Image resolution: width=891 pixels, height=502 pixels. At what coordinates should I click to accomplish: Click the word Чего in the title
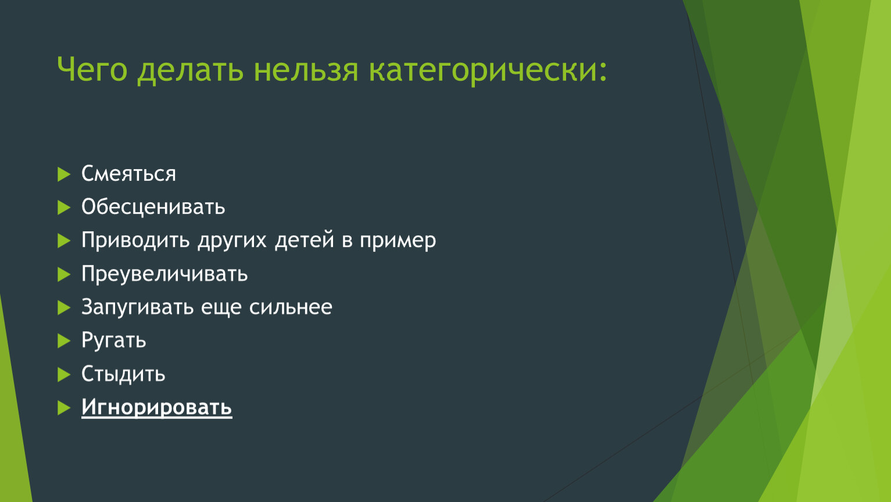click(x=92, y=69)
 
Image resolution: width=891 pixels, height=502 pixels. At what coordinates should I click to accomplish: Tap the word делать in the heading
click(x=190, y=70)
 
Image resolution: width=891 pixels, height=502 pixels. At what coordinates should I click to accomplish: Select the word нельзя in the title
click(x=306, y=70)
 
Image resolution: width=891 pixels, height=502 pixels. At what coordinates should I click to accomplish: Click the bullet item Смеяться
click(x=128, y=173)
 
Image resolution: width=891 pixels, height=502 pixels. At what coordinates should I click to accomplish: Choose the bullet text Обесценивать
click(x=153, y=207)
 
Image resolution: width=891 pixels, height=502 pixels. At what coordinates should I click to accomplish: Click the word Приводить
click(x=136, y=241)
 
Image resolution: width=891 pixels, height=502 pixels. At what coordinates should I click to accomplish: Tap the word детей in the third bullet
click(x=305, y=241)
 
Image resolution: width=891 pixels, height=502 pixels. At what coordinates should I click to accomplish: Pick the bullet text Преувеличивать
click(x=164, y=274)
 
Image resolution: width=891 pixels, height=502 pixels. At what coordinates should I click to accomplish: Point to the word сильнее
click(x=291, y=307)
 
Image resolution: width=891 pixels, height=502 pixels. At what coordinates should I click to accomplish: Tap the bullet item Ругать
click(x=114, y=340)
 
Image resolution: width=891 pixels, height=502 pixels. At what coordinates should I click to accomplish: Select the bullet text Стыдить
click(x=123, y=374)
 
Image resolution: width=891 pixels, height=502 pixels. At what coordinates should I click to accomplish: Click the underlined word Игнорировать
click(x=157, y=408)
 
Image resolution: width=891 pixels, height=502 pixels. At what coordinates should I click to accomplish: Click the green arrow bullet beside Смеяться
click(x=64, y=174)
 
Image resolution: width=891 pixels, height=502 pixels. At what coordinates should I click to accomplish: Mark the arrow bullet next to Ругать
click(x=64, y=341)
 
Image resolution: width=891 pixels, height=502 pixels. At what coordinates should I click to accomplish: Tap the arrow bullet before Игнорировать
click(x=64, y=408)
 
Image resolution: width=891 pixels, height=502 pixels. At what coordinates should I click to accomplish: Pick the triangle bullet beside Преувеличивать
click(x=64, y=274)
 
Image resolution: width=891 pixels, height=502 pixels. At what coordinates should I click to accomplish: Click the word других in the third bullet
click(x=232, y=242)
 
